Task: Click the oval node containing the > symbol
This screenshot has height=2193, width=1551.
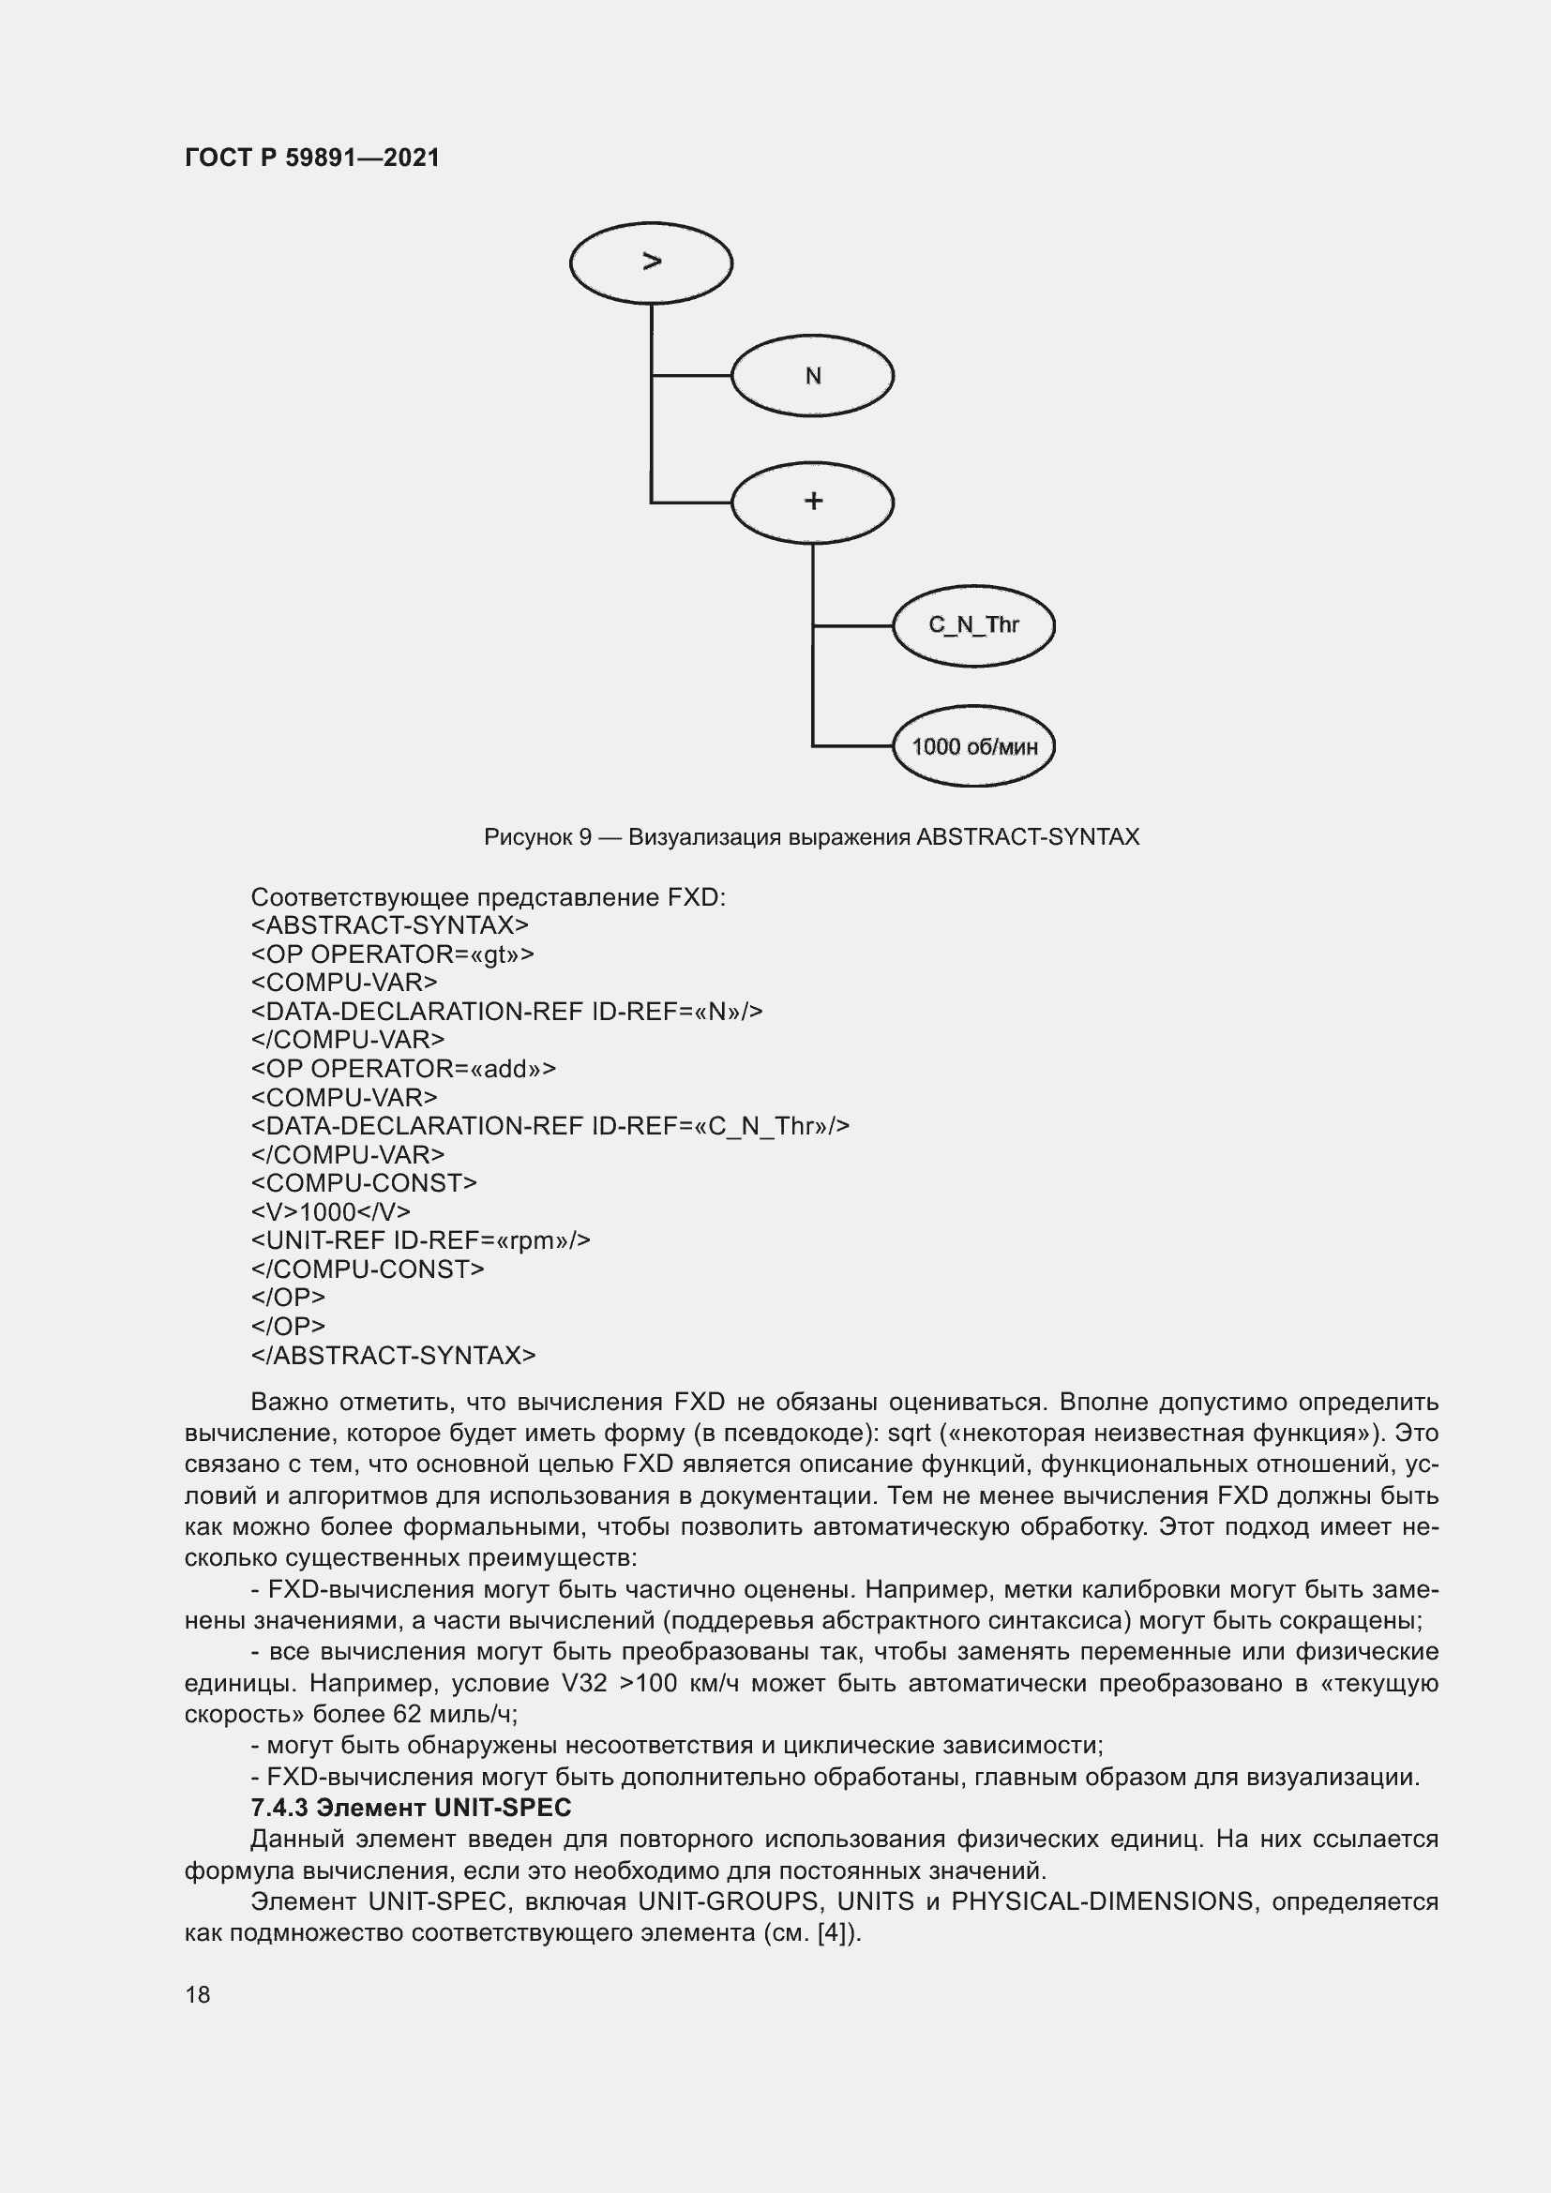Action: click(651, 263)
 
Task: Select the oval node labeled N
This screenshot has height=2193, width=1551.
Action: click(812, 375)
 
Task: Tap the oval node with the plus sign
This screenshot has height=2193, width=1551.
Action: click(812, 502)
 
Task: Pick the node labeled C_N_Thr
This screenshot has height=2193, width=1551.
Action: click(973, 625)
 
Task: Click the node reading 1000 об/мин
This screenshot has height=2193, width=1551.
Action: click(973, 746)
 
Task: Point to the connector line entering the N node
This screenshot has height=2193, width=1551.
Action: click(691, 375)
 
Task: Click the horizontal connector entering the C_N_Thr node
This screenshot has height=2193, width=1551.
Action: click(851, 625)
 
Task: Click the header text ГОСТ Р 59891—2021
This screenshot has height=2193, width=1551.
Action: click(312, 158)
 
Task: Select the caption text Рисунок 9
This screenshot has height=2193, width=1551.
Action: click(537, 837)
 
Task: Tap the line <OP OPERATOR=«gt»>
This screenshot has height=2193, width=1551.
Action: click(393, 954)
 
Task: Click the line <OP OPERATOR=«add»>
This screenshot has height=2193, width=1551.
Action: click(403, 1069)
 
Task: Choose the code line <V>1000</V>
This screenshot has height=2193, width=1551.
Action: click(330, 1212)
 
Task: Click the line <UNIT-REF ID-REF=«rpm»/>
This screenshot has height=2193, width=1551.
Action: click(420, 1240)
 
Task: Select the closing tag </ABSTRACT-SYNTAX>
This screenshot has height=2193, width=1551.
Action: click(393, 1356)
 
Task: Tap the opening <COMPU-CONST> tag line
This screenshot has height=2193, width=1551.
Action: click(363, 1183)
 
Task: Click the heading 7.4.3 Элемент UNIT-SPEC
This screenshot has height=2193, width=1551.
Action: click(411, 1808)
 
